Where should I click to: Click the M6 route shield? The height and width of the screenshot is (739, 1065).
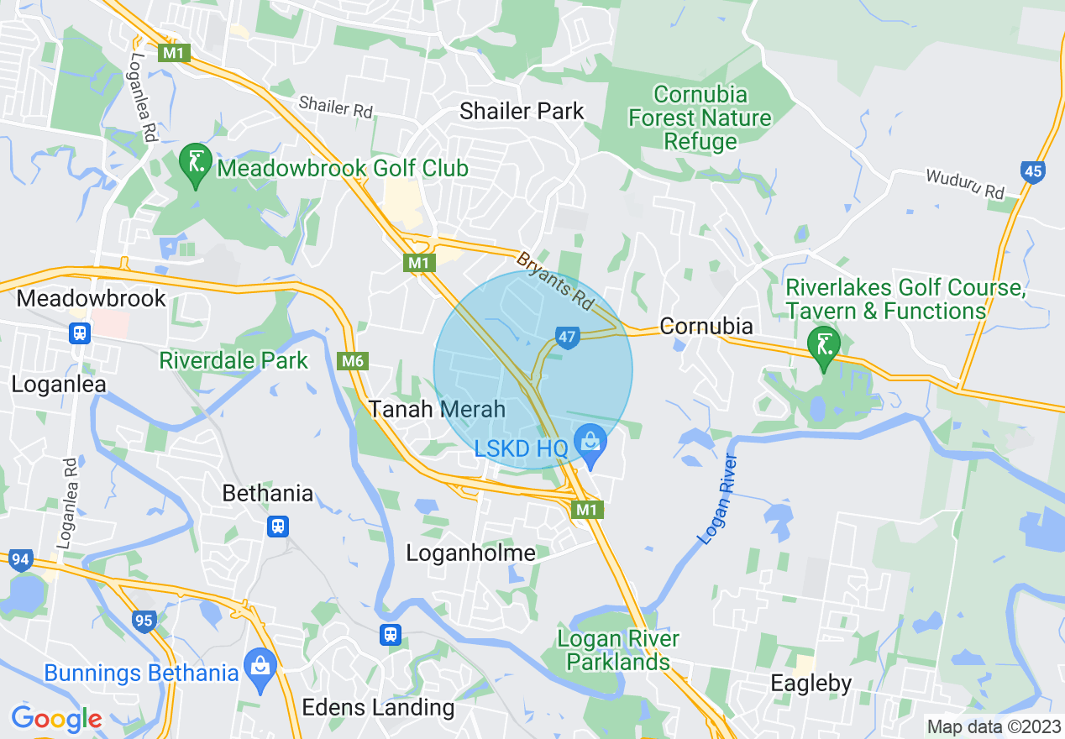tap(354, 361)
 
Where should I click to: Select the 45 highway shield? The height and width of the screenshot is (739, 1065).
tap(1033, 172)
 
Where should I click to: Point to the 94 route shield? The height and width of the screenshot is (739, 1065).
tap(20, 559)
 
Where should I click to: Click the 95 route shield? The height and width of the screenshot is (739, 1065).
tap(144, 621)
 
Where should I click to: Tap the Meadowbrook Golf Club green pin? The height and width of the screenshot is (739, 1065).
tap(196, 164)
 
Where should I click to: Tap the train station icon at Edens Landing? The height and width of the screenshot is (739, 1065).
tap(390, 633)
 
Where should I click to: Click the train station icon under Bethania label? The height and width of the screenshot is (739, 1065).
tap(279, 526)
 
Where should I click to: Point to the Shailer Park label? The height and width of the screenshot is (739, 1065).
tap(522, 111)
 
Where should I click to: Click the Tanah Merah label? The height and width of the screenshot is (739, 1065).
tap(438, 409)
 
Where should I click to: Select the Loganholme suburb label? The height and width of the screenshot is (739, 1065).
tap(470, 553)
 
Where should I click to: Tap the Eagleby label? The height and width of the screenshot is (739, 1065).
tap(811, 684)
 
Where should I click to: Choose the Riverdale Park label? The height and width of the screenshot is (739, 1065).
tap(234, 361)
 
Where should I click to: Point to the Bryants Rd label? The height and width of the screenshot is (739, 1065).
tap(554, 279)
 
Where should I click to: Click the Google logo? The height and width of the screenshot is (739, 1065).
tap(56, 719)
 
